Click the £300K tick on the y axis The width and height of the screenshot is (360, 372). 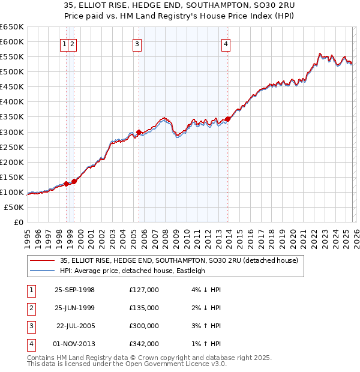[12, 132]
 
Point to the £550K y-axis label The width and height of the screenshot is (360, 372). [12, 57]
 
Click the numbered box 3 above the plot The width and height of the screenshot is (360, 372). [137, 43]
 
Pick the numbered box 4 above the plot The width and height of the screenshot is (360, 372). [226, 43]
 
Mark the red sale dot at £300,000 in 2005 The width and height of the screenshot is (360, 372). [139, 132]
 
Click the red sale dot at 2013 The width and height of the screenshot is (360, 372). [228, 119]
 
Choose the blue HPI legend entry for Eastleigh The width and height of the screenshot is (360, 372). [133, 271]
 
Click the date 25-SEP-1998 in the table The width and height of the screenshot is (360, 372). [74, 290]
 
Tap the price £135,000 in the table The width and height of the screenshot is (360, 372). [144, 308]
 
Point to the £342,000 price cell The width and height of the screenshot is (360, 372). [144, 344]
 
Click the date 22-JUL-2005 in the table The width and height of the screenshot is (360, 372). [74, 326]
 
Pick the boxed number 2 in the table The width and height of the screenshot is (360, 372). [31, 308]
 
